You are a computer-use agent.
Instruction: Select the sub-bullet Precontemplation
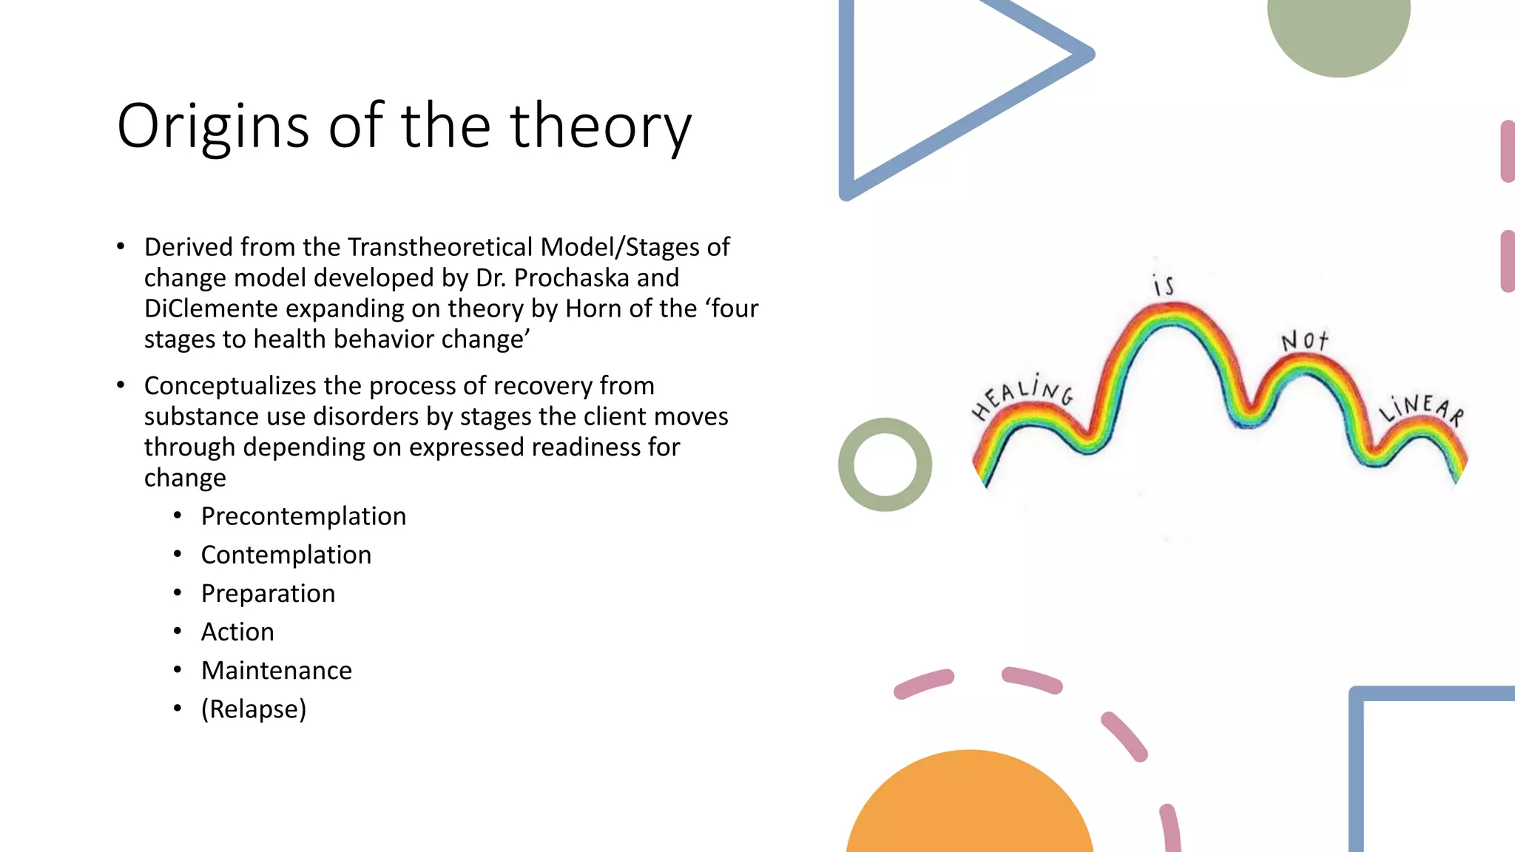coord(303,516)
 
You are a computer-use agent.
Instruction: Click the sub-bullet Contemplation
coord(286,555)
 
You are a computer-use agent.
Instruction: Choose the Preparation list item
coord(268,593)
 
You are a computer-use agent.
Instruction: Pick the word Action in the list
coord(237,632)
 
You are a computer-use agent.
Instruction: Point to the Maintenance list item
coord(277,670)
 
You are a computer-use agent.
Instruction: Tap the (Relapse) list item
coord(254,709)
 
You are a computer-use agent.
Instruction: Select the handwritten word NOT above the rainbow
coord(1304,341)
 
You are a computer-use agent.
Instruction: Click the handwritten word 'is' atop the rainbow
coord(1164,285)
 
